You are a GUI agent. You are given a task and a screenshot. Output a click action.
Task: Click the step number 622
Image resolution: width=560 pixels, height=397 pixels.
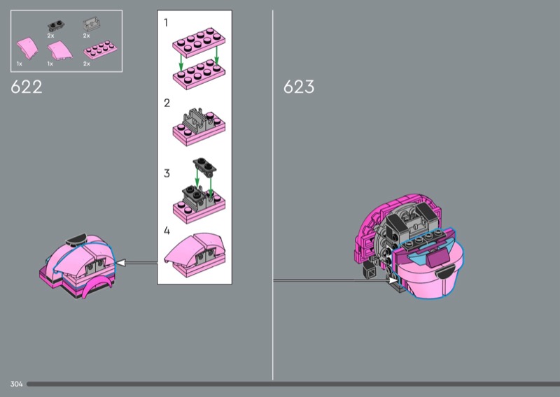(x=27, y=87)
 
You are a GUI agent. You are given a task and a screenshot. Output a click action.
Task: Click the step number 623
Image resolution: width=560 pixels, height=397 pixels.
(x=299, y=87)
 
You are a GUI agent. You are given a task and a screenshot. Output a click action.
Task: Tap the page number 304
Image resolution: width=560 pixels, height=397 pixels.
(x=16, y=384)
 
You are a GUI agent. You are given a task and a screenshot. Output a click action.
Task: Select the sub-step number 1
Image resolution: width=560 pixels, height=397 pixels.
(x=166, y=22)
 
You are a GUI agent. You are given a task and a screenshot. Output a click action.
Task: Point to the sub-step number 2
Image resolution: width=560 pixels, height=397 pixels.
(x=167, y=103)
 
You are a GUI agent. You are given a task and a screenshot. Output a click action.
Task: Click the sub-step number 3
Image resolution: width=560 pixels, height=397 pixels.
(x=167, y=173)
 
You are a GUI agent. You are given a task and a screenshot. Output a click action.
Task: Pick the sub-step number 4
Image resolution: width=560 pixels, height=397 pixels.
(x=167, y=231)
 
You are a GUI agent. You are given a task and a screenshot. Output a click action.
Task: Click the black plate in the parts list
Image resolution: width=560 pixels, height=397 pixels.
(x=56, y=26)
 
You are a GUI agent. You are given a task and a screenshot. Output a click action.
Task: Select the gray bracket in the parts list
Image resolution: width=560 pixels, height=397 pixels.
(x=92, y=24)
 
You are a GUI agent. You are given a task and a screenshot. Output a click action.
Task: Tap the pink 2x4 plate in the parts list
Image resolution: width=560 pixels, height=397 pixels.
(x=101, y=50)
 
